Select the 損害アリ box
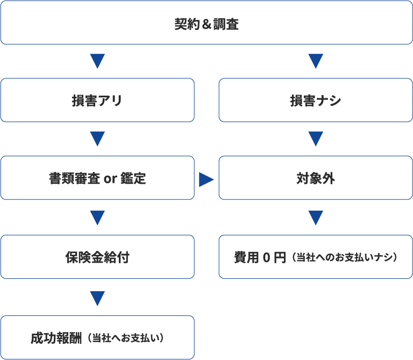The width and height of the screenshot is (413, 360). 97,100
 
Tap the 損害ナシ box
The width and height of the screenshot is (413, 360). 316,100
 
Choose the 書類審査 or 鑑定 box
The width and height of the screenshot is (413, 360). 97,178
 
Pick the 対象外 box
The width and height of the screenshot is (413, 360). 316,178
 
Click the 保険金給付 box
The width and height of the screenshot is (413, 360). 97,257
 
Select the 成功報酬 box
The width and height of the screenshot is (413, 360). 97,337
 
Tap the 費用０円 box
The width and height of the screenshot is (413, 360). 316,257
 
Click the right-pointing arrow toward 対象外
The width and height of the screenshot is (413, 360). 206,179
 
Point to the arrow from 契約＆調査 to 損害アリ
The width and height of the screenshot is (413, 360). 97,61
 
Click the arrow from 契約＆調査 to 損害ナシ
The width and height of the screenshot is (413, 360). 316,61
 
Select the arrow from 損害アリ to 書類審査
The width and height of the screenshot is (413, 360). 97,139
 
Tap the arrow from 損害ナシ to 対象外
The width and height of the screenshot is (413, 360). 316,139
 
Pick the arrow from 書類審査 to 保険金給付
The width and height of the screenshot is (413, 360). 97,218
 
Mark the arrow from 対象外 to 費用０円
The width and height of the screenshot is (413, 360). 316,218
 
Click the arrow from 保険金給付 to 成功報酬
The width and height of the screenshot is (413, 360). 97,298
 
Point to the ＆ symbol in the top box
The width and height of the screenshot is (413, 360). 206,24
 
